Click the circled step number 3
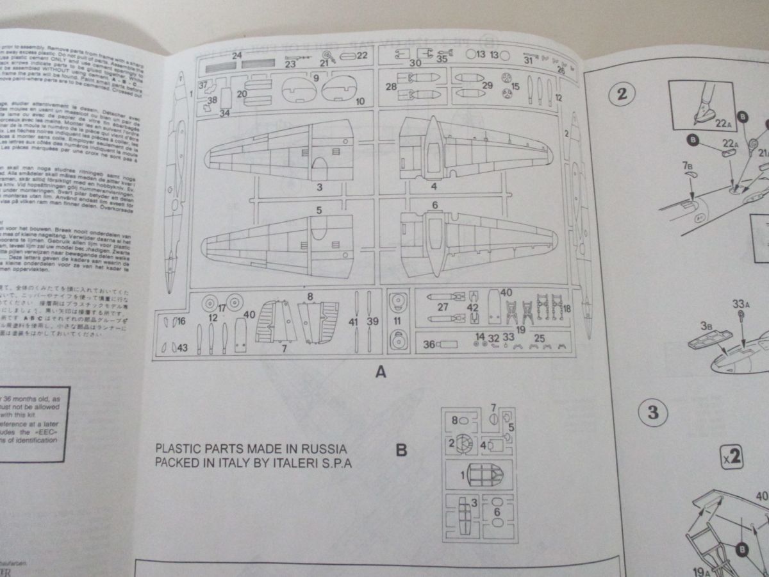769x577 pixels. tap(652, 412)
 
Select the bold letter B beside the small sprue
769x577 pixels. tap(401, 450)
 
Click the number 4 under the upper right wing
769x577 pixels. tap(434, 187)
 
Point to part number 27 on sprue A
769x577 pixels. tap(442, 307)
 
